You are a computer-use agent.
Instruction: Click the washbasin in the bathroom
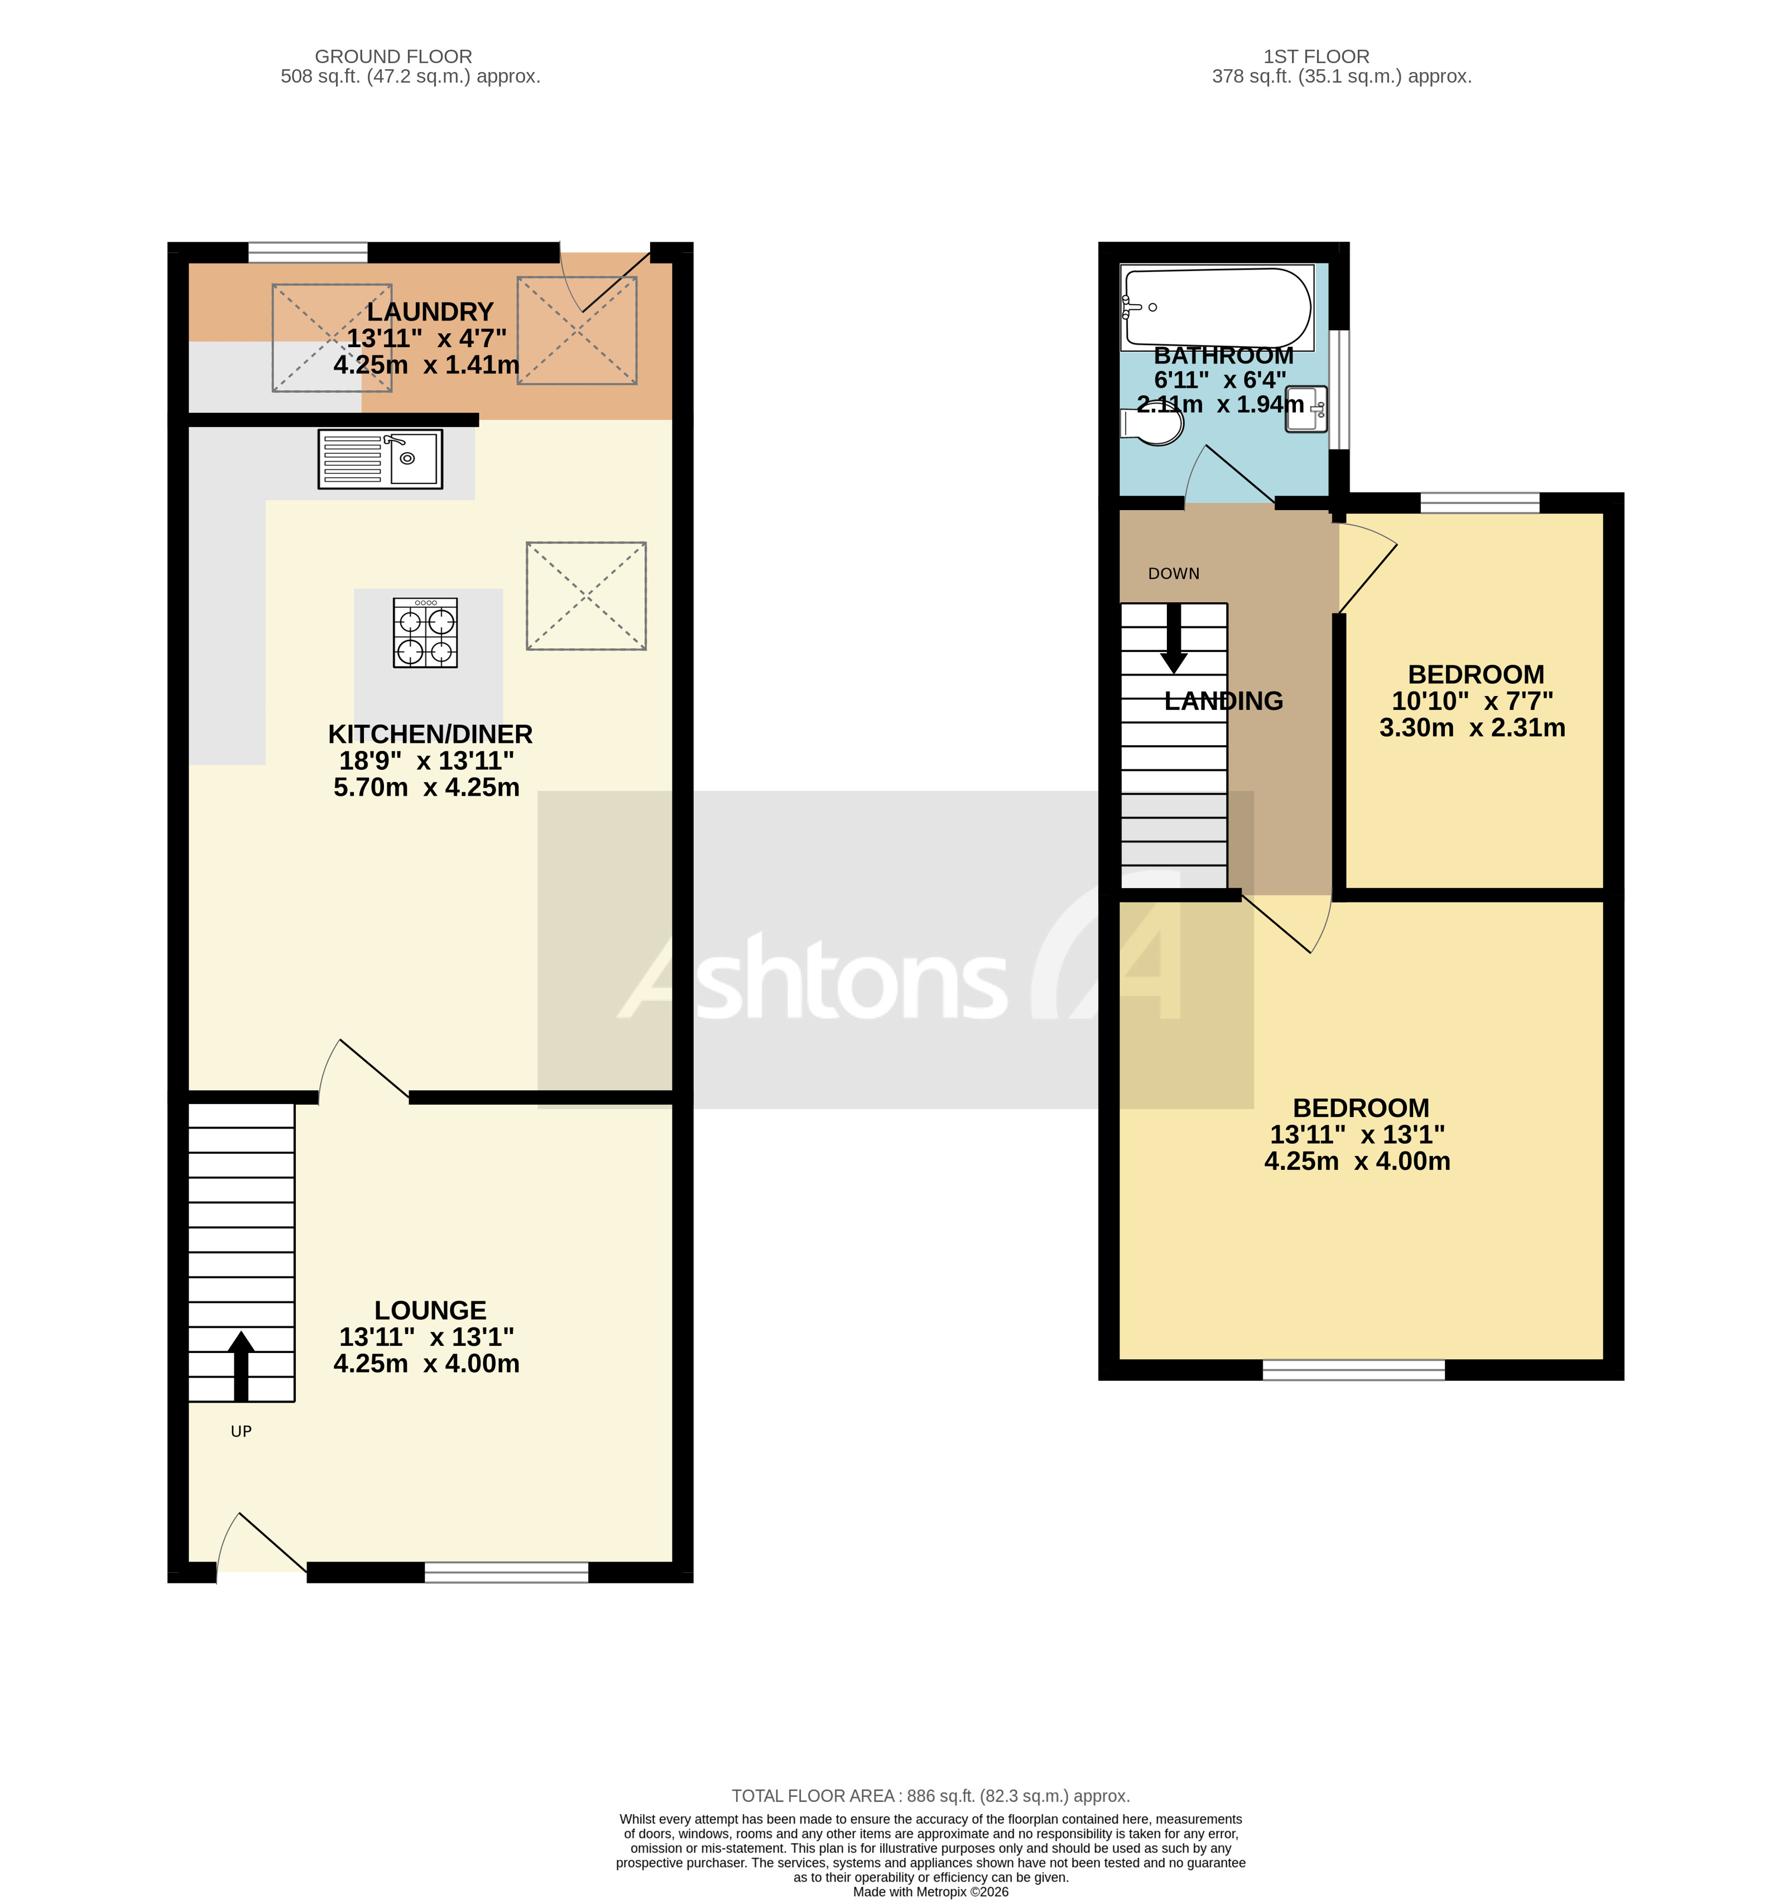click(1305, 409)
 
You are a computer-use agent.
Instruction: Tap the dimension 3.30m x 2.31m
click(1472, 728)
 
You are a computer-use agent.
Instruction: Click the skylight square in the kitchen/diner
click(586, 596)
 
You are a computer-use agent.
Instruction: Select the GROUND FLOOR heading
click(393, 56)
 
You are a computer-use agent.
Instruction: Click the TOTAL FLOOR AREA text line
click(930, 1796)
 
